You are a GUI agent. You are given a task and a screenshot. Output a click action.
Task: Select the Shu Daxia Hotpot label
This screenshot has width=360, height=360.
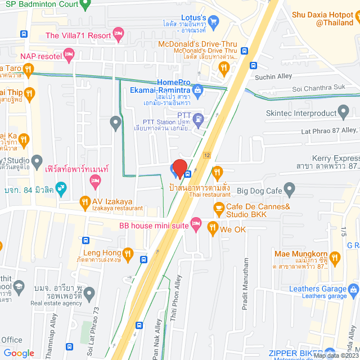tap(326, 19)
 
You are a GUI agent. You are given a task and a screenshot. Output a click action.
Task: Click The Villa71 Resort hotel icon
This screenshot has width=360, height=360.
tap(118, 35)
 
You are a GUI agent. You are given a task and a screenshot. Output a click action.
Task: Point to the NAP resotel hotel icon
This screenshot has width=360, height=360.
tap(69, 56)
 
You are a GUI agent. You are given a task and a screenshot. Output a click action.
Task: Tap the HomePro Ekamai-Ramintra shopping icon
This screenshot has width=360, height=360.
tap(197, 89)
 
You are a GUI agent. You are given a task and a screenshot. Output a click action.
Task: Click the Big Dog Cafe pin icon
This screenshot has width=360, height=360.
tap(290, 191)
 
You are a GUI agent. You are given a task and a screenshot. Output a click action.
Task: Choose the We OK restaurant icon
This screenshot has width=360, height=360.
tap(212, 228)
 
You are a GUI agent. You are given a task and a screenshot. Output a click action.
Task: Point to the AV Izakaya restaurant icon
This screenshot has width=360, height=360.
tap(84, 201)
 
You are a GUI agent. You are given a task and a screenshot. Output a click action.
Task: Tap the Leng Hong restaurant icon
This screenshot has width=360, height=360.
tap(128, 254)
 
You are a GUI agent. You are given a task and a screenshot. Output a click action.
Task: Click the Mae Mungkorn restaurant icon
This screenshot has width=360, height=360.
tap(336, 259)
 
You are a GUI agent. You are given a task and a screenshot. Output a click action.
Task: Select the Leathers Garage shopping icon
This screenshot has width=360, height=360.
tap(353, 290)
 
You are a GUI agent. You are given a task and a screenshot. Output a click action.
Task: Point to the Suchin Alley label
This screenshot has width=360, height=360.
tap(272, 77)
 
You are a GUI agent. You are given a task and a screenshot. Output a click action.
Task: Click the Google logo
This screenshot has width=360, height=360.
tap(19, 353)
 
